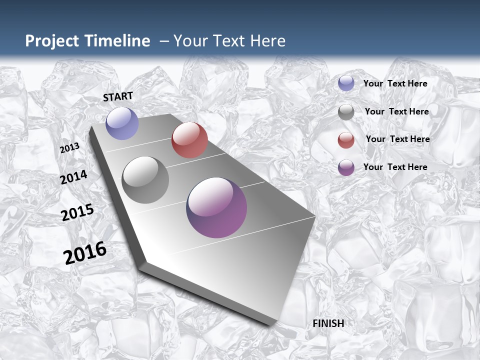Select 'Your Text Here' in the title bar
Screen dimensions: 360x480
pyautogui.click(x=229, y=41)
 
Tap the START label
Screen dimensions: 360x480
pyautogui.click(x=118, y=96)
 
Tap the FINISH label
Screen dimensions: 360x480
pyautogui.click(x=328, y=323)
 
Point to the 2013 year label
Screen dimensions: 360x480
pyautogui.click(x=69, y=148)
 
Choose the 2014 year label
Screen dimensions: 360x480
pyautogui.click(x=74, y=177)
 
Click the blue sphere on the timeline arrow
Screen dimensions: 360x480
pyautogui.click(x=122, y=123)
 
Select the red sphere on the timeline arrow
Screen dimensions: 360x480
pyautogui.click(x=189, y=140)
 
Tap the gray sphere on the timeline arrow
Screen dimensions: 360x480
pyautogui.click(x=145, y=180)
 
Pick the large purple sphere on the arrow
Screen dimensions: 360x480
pyautogui.click(x=216, y=207)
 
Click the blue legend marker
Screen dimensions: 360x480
pyautogui.click(x=346, y=83)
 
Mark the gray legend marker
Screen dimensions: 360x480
pyautogui.click(x=346, y=112)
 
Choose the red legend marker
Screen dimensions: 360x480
pyautogui.click(x=346, y=140)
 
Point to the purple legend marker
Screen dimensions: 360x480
pyautogui.click(x=346, y=167)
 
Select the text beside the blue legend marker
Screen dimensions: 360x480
pyautogui.click(x=395, y=83)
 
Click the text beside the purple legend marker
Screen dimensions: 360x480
pyautogui.click(x=395, y=167)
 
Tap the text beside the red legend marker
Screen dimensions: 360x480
pyautogui.click(x=397, y=139)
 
